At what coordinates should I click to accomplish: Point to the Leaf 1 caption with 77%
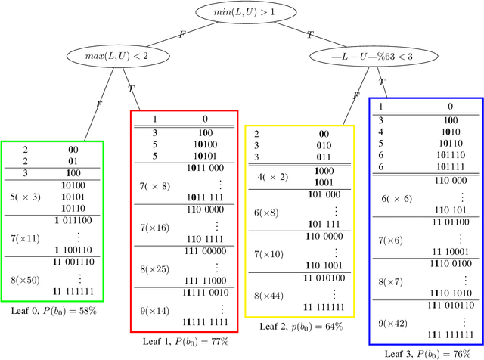[x=185, y=341]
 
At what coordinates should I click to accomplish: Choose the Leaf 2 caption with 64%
[x=301, y=326]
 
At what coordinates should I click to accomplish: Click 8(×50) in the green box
[x=26, y=280]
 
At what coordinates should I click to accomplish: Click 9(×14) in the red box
[x=155, y=311]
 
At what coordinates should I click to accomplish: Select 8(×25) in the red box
[x=155, y=268]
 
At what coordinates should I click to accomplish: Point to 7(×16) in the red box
[x=155, y=227]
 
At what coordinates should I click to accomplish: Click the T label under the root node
[x=310, y=34]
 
